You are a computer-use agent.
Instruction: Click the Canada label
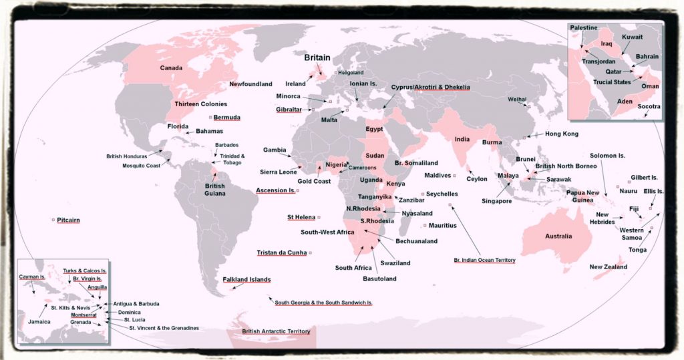click(x=172, y=68)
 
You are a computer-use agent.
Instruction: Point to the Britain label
click(x=317, y=58)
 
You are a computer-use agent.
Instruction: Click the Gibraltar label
click(x=292, y=110)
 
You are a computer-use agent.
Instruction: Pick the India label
click(x=462, y=139)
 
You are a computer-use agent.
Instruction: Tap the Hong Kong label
click(x=561, y=134)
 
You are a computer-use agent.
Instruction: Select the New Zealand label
click(x=608, y=267)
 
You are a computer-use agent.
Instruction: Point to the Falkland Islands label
click(x=246, y=279)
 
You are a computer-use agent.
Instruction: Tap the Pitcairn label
click(x=69, y=219)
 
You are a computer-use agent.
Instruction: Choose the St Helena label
click(x=301, y=217)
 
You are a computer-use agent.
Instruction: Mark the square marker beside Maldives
click(x=455, y=176)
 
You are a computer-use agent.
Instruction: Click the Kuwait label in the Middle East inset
click(x=632, y=37)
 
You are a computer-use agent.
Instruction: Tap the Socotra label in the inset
click(x=648, y=106)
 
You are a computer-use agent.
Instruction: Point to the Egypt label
click(x=374, y=129)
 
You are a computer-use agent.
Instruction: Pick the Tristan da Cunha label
click(x=281, y=252)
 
